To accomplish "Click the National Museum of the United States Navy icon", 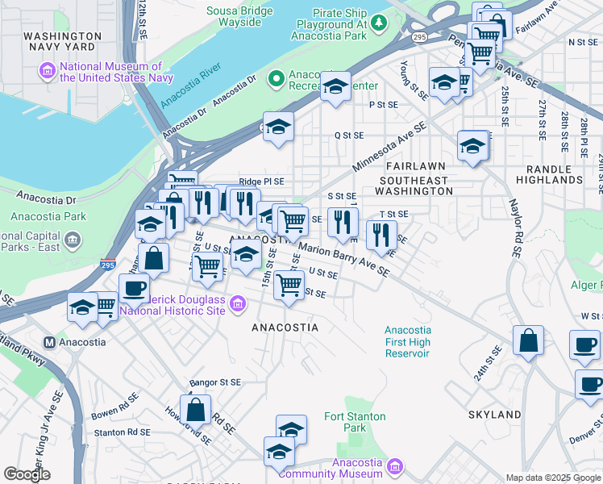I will click(x=48, y=72).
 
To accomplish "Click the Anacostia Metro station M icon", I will click(x=50, y=341).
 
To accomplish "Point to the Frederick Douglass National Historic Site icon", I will click(x=237, y=303).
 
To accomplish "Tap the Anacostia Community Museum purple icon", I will click(x=394, y=466).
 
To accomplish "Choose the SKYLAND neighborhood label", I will click(x=494, y=415).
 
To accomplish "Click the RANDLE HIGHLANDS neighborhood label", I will click(x=555, y=174).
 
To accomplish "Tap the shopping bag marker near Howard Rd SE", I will click(x=196, y=410).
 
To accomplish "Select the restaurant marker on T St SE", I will click(x=381, y=235).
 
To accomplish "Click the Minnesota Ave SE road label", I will click(x=389, y=149).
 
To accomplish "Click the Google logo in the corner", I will click(x=27, y=474).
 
